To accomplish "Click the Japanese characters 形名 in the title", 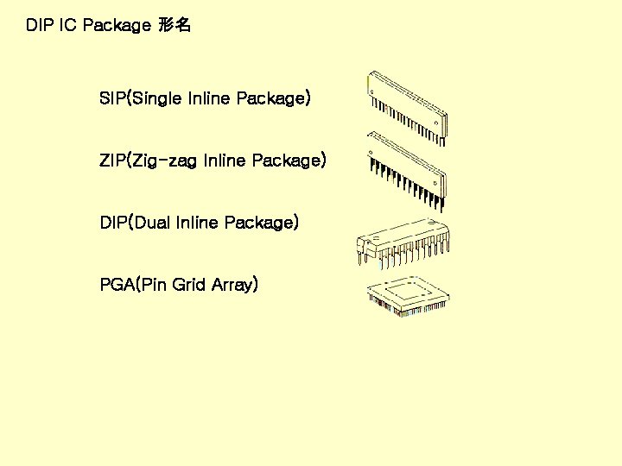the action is (175, 26).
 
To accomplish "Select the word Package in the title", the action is (117, 26).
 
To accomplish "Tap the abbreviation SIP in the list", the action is (112, 99).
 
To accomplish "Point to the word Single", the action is (156, 99).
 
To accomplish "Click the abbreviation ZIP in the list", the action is (112, 161).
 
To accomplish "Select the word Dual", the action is (152, 224).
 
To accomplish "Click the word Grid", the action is (189, 285).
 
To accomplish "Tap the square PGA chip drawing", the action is (407, 297).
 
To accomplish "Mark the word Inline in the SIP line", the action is (209, 99).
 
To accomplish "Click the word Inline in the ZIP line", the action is (226, 161).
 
